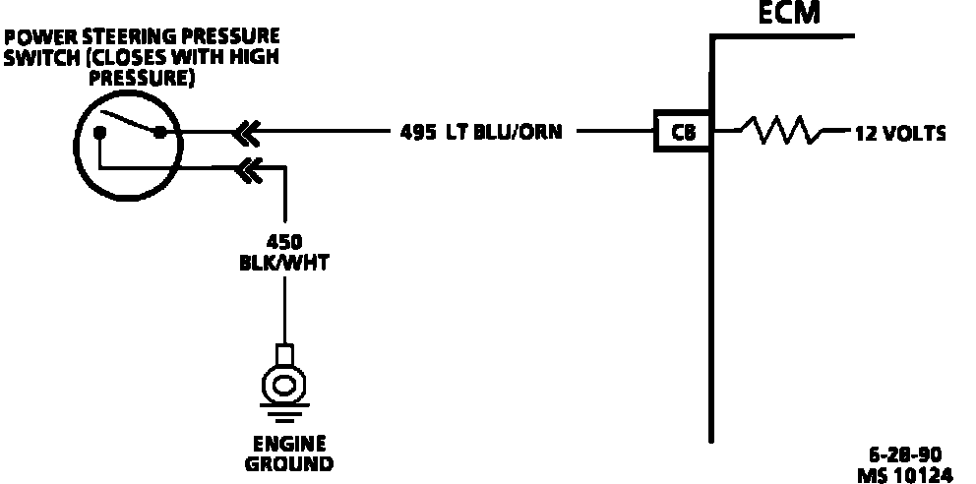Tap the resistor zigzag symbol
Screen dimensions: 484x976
coord(781,130)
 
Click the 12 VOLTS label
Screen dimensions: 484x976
coord(901,132)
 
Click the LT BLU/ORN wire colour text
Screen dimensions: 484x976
coord(505,131)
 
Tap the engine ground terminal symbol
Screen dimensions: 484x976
coord(284,379)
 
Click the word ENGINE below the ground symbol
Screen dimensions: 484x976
coord(289,444)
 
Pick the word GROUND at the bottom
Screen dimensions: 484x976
coord(289,463)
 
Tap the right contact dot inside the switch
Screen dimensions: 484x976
coord(158,132)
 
